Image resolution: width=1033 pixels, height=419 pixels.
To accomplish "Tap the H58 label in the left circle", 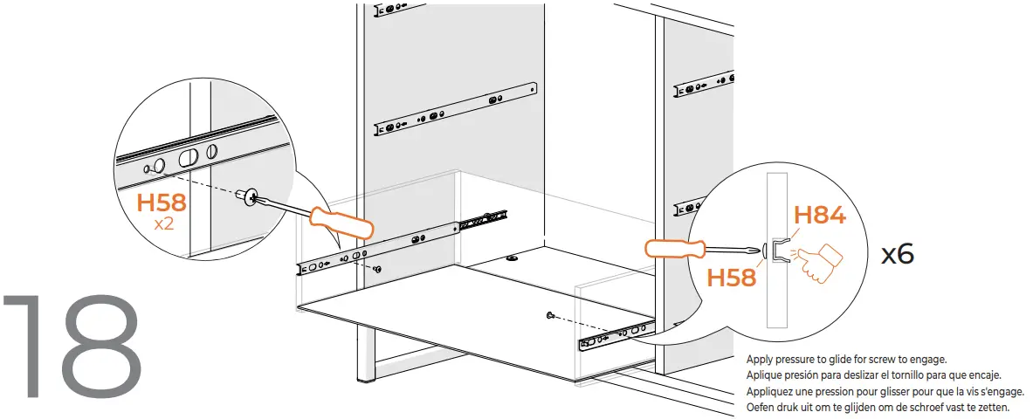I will point(162,203).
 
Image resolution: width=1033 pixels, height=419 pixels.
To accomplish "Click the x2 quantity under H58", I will point(162,223).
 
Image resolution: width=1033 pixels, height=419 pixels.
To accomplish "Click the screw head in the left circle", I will point(254,197).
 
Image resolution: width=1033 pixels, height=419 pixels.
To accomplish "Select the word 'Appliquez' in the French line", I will point(773,392).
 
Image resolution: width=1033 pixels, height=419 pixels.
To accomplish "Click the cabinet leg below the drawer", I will point(361,354).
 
